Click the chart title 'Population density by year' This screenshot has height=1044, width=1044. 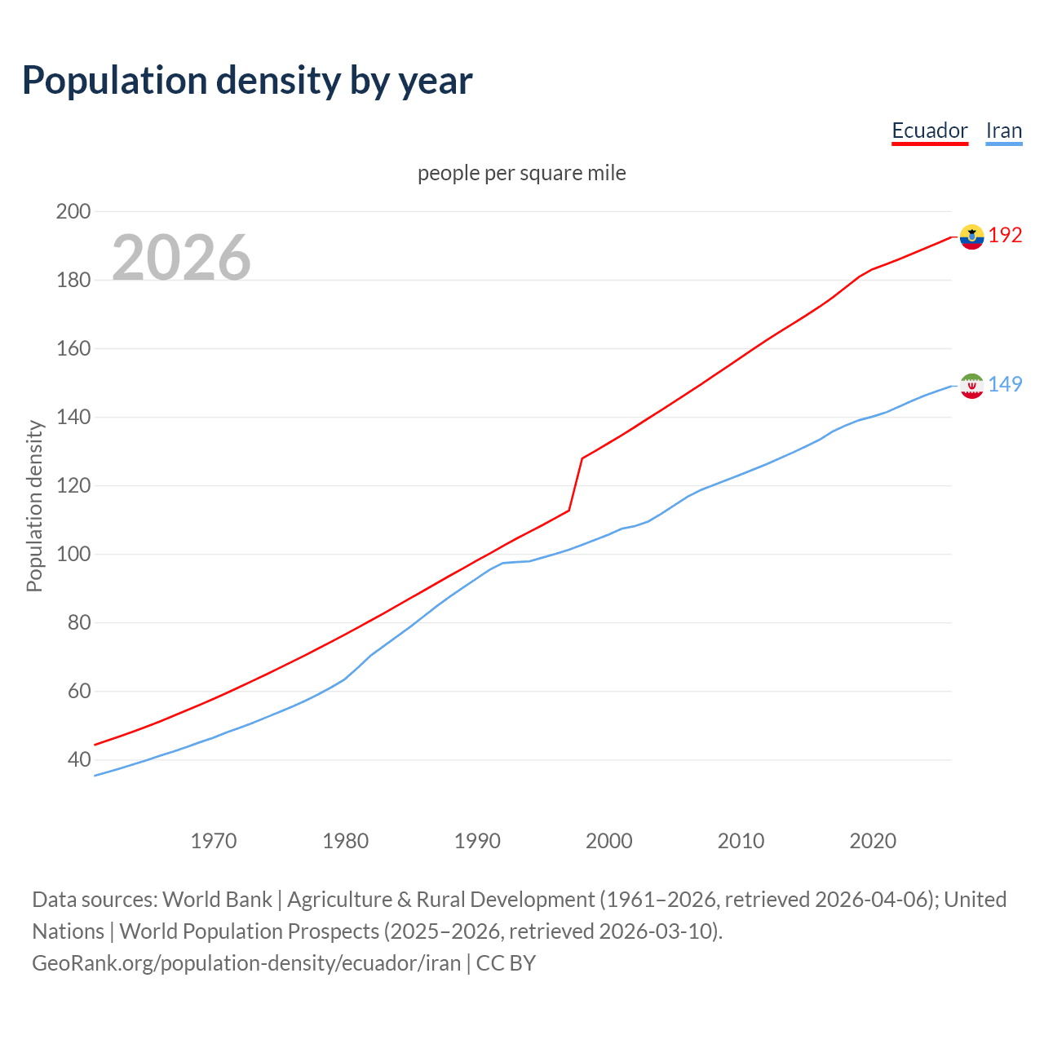pos(247,80)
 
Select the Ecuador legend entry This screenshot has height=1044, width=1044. pos(929,130)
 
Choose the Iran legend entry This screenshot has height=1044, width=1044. pos(1003,130)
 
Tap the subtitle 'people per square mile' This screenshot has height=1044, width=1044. pos(521,173)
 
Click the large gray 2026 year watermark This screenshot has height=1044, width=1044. pos(181,258)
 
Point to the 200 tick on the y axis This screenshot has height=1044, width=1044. pos(73,211)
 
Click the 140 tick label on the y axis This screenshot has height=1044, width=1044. pos(73,417)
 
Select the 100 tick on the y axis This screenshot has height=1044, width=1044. pos(73,554)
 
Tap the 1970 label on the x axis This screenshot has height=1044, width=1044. pos(214,840)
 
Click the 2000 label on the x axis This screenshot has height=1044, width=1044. pos(609,840)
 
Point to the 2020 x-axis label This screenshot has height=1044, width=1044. pos(873,840)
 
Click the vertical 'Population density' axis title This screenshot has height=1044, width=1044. pos(34,506)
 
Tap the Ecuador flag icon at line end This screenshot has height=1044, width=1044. pos(971,237)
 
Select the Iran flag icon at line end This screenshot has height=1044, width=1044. pos(971,385)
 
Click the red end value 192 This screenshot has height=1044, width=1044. pos(1005,236)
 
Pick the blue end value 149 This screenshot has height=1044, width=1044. pos(1005,384)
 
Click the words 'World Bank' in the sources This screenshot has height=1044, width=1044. pos(217,899)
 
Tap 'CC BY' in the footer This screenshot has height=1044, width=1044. pos(506,962)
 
